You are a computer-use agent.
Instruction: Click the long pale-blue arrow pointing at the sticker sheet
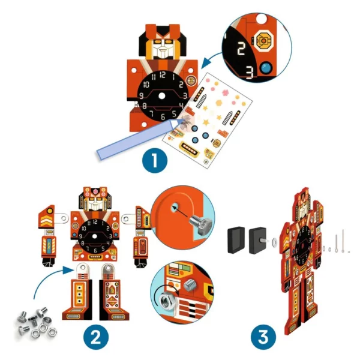[x=138, y=139]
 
